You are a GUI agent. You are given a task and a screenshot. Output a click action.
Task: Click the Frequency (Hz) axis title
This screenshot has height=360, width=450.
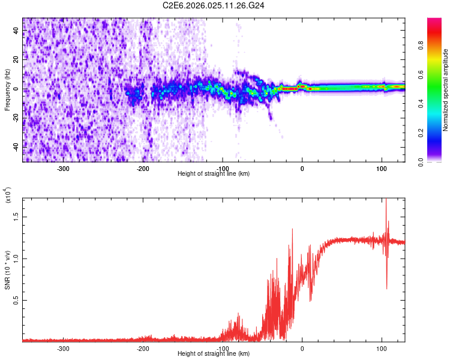[7, 89]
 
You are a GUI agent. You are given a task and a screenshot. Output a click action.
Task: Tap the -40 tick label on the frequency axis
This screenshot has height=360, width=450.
[16, 146]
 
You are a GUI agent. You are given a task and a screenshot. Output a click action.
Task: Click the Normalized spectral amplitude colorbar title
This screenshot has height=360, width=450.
[446, 90]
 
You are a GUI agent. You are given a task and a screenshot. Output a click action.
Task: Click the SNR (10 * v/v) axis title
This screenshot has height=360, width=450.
[7, 267]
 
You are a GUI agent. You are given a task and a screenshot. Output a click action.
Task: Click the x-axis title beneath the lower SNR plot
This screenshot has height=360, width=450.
[214, 354]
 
